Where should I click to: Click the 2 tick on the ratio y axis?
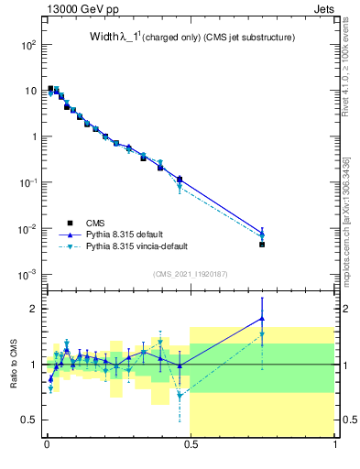[x=34, y=309]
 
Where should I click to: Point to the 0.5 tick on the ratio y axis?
[x=30, y=420]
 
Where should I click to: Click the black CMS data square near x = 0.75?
[x=262, y=245]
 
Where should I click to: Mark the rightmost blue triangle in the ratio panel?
[x=262, y=319]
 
